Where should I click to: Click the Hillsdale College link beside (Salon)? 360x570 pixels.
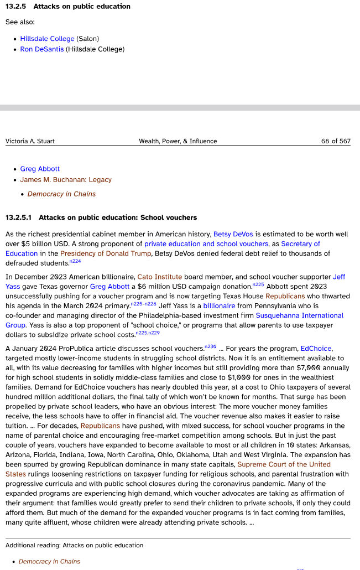coord(47,39)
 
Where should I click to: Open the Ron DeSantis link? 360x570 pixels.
coord(41,49)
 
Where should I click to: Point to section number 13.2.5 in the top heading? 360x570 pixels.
coord(17,7)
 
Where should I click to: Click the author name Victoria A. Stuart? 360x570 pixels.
coord(30,141)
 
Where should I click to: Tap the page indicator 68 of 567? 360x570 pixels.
coord(336,141)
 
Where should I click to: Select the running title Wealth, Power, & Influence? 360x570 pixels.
coord(178,141)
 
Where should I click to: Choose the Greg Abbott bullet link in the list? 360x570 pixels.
coord(40,169)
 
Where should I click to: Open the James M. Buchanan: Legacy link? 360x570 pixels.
coord(66,180)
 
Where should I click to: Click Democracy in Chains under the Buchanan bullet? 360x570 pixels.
coord(61,194)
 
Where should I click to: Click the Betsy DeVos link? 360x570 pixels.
coord(233,235)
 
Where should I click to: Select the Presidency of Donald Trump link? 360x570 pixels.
coord(106,253)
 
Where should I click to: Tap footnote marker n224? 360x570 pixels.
coord(75,261)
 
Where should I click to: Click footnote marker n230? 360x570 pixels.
coord(210,346)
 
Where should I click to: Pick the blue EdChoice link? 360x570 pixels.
coord(316,349)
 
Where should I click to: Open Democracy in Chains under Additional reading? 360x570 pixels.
coord(49,562)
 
